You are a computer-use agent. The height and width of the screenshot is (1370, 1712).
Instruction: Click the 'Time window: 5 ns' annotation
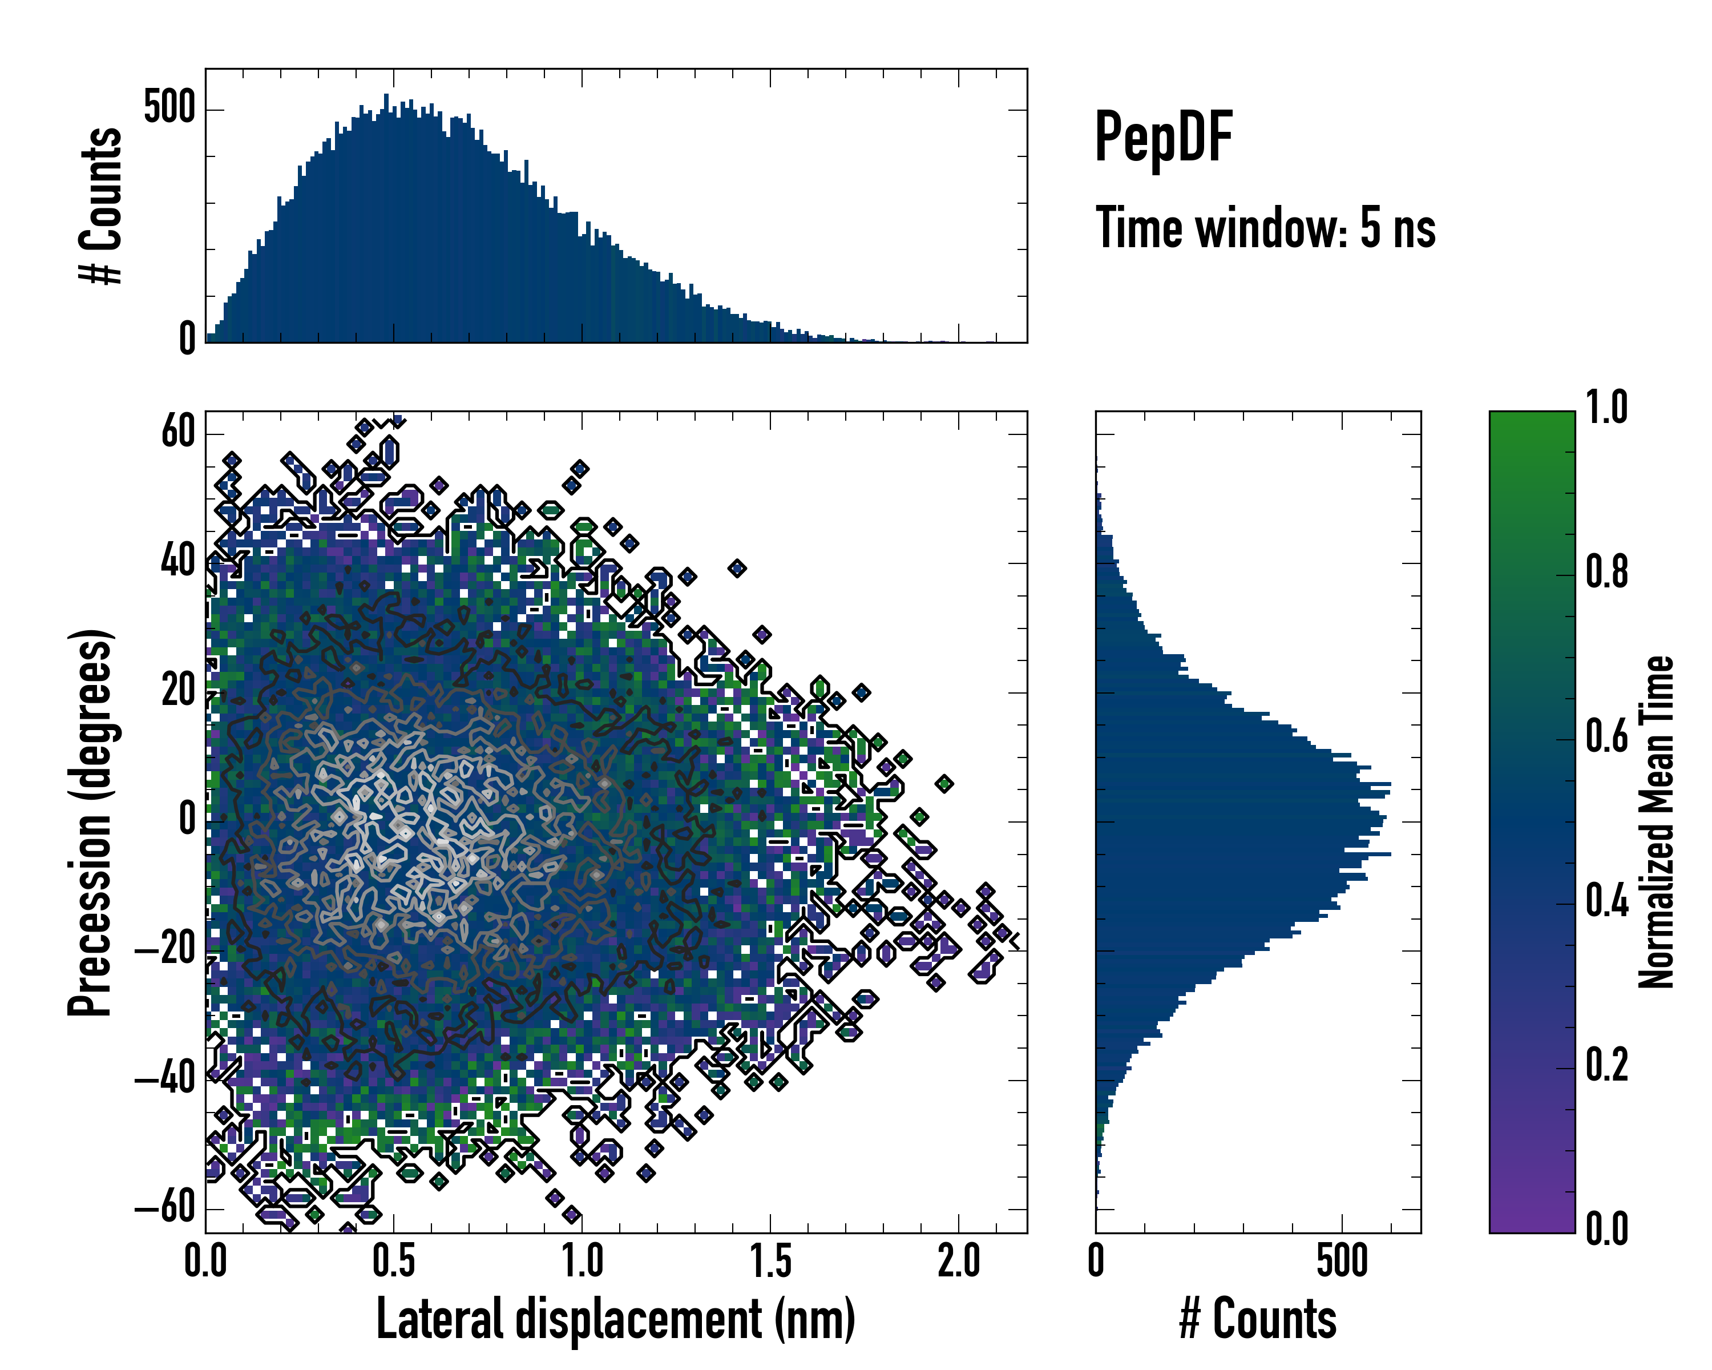1265,228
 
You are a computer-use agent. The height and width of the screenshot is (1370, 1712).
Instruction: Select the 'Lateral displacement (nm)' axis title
615,1319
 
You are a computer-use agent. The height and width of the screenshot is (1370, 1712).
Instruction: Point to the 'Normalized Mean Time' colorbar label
1656,822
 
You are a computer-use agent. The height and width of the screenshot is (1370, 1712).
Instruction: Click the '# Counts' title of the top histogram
101,205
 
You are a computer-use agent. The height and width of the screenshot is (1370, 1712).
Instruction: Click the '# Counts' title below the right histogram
1258,1319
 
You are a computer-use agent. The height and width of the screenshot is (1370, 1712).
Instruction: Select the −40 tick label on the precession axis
165,1079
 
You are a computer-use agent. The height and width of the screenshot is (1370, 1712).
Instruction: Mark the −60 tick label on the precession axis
165,1209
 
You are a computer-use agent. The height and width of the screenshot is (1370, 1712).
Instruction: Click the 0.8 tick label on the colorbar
1607,573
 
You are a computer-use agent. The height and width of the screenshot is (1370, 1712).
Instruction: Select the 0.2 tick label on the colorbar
1607,1066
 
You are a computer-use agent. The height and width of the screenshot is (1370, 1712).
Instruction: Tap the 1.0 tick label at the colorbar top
1607,408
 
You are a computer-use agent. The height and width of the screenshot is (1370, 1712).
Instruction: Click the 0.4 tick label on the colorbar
1607,901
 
